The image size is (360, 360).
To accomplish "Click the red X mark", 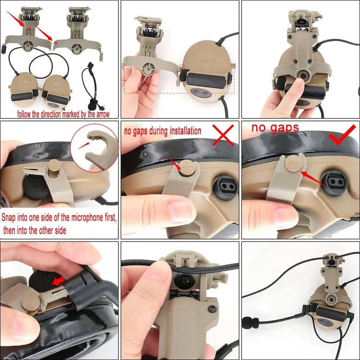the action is click(x=223, y=135).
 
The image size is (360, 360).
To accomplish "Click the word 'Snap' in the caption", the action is click(x=9, y=218).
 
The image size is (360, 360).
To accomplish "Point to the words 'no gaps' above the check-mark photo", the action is click(x=275, y=128).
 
